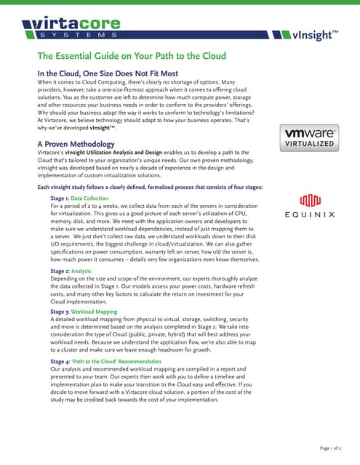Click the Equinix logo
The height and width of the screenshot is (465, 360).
pyautogui.click(x=309, y=206)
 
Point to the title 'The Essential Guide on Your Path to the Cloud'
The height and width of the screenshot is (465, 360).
pyautogui.click(x=132, y=56)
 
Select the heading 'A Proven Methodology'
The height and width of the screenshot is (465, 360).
pyautogui.click(x=76, y=145)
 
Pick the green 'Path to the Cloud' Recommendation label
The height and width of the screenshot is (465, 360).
pyautogui.click(x=116, y=361)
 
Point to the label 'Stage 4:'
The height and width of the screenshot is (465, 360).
pyautogui.click(x=60, y=361)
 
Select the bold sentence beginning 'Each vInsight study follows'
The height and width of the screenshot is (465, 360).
pyautogui.click(x=150, y=187)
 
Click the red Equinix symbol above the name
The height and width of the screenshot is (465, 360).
pyautogui.click(x=309, y=198)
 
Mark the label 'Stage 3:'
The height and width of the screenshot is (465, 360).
pyautogui.click(x=60, y=311)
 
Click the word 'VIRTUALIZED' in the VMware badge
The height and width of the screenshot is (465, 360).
pyautogui.click(x=309, y=145)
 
